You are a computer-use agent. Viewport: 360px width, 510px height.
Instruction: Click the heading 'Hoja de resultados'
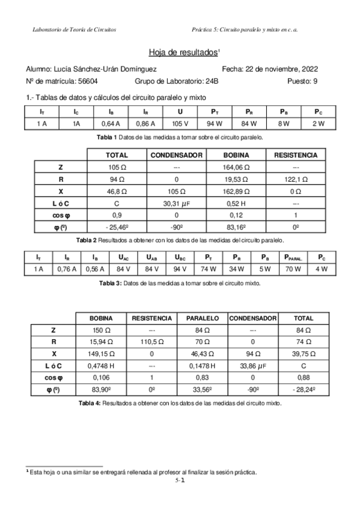click(x=182, y=53)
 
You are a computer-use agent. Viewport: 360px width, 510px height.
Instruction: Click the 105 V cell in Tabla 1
click(x=180, y=124)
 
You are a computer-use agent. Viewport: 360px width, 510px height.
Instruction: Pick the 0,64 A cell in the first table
click(x=111, y=124)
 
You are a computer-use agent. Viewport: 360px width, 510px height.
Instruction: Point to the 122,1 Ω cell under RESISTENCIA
click(x=295, y=179)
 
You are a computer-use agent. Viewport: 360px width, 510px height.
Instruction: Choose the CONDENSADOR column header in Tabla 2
click(x=177, y=155)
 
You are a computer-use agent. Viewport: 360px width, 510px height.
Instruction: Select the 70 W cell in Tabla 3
click(x=293, y=269)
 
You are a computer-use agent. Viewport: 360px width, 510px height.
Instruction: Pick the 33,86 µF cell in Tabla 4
click(x=253, y=366)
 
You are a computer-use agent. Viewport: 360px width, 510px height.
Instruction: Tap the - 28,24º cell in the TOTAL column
click(x=303, y=390)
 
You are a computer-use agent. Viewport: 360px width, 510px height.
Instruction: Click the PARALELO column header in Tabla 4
click(x=202, y=318)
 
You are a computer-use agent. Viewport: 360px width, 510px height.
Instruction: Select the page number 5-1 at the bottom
click(x=179, y=482)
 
